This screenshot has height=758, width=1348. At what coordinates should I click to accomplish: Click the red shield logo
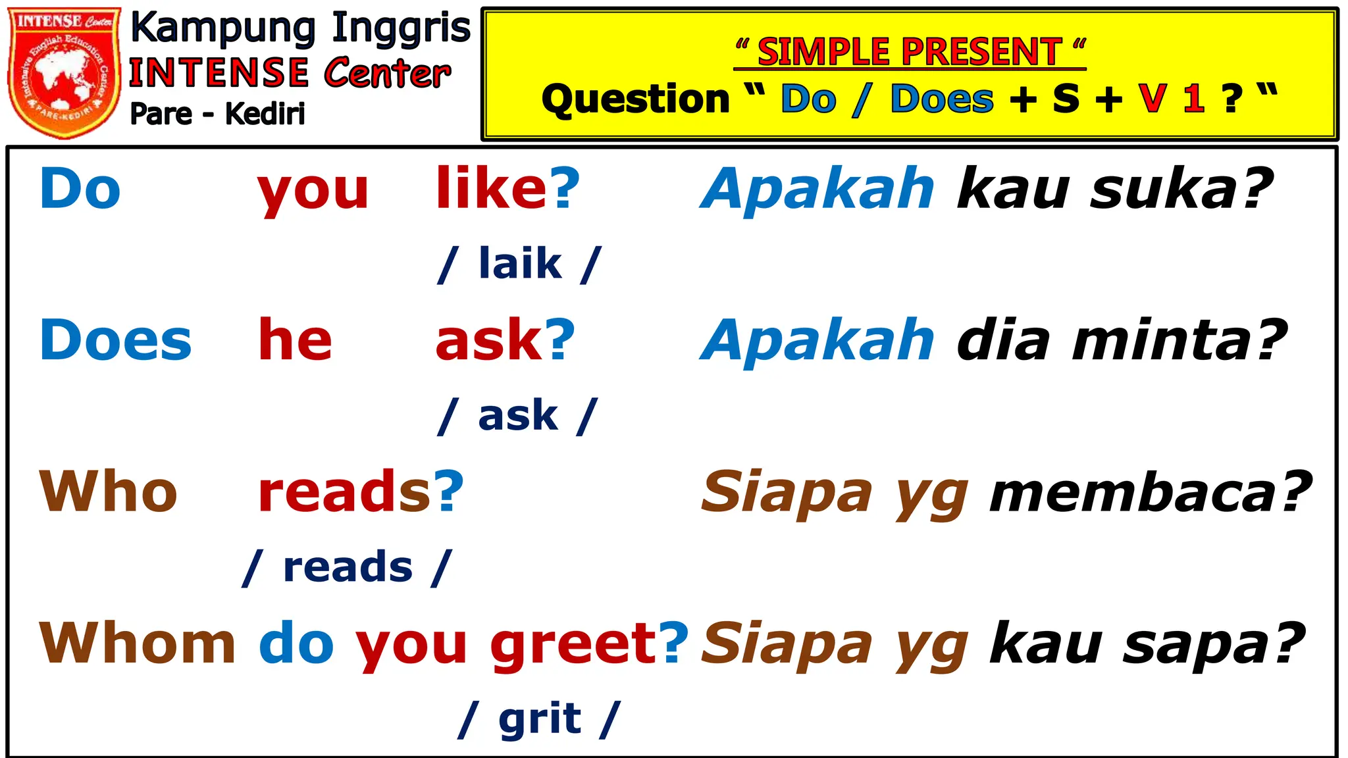[x=64, y=72]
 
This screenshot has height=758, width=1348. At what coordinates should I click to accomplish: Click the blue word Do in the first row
[x=80, y=189]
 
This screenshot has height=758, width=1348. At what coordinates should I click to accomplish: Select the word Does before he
[x=115, y=340]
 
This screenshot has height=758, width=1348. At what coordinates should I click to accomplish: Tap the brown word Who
[x=108, y=492]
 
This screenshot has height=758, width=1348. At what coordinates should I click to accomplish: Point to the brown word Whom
[x=137, y=643]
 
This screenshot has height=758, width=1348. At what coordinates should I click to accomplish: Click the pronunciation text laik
[x=520, y=263]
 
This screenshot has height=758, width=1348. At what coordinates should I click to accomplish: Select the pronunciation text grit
[x=540, y=719]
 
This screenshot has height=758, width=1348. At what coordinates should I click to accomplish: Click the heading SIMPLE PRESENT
[x=910, y=52]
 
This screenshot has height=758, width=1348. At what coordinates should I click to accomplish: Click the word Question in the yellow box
[x=635, y=99]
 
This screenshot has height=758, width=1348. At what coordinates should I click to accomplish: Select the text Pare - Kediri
[x=217, y=114]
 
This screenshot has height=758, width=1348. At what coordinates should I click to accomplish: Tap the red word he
[x=295, y=340]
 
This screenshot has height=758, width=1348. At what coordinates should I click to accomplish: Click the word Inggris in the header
[x=402, y=30]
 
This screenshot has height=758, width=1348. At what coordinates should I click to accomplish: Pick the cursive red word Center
[x=387, y=72]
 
